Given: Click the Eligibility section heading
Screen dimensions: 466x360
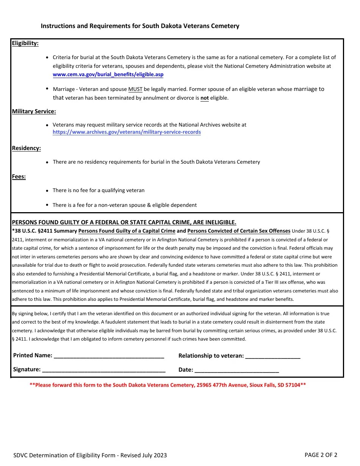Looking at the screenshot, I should coord(25,43).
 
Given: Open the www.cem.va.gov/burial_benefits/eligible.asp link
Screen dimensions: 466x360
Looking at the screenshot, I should coord(108,75).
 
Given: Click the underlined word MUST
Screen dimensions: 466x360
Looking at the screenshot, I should coord(135,89).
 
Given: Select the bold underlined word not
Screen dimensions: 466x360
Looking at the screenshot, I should coord(205,98).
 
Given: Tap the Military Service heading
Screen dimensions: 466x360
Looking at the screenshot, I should coord(34,111).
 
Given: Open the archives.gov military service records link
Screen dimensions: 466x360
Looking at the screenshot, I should coord(127,132).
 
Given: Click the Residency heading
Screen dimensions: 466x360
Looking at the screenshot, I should coord(26,148).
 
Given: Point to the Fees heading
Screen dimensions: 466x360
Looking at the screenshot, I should coord(19,177).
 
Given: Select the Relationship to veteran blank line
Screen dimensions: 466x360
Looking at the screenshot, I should coord(273,356).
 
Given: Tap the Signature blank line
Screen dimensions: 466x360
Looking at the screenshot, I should coord(103,370).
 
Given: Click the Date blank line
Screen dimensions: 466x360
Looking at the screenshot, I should coord(236,370).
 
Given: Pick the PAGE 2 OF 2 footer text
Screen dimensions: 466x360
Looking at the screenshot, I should coord(321,455).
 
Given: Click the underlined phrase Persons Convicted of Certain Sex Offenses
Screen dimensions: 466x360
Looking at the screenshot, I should coord(239,231).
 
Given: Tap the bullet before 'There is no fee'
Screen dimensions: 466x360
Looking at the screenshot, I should coord(47,191).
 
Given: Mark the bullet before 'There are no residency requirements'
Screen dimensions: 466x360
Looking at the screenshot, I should coord(47,162).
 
